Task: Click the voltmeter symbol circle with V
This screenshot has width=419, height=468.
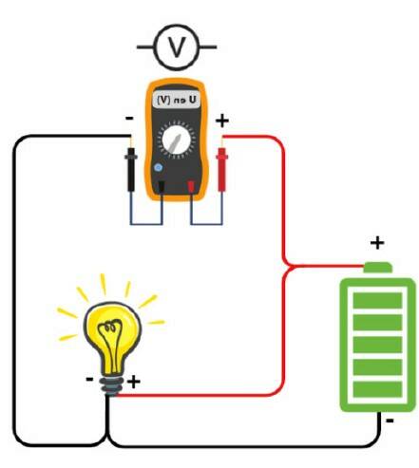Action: (x=177, y=47)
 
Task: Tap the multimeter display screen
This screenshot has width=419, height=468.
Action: (x=177, y=100)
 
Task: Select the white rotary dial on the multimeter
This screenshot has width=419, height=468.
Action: (x=176, y=140)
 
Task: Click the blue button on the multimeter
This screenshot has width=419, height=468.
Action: (x=159, y=167)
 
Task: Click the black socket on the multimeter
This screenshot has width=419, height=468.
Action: (x=162, y=186)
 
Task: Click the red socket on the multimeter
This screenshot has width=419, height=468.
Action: (x=191, y=186)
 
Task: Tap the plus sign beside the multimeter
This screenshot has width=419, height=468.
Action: (x=222, y=121)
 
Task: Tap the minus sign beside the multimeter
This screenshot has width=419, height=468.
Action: (x=129, y=119)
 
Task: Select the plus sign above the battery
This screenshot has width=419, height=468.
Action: (x=377, y=243)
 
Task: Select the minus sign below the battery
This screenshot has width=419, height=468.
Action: (x=390, y=421)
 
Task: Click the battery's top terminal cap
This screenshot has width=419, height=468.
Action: (x=378, y=268)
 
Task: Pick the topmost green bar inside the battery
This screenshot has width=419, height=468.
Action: (x=377, y=300)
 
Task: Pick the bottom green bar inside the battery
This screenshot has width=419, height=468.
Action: (x=377, y=389)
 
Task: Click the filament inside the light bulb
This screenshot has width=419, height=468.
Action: (x=110, y=345)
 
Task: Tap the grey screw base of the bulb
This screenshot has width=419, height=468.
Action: (x=111, y=385)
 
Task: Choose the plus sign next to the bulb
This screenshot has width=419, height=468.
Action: (x=134, y=382)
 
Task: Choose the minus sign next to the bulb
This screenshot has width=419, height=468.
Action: (x=89, y=379)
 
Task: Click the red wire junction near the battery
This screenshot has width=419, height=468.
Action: (x=288, y=266)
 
